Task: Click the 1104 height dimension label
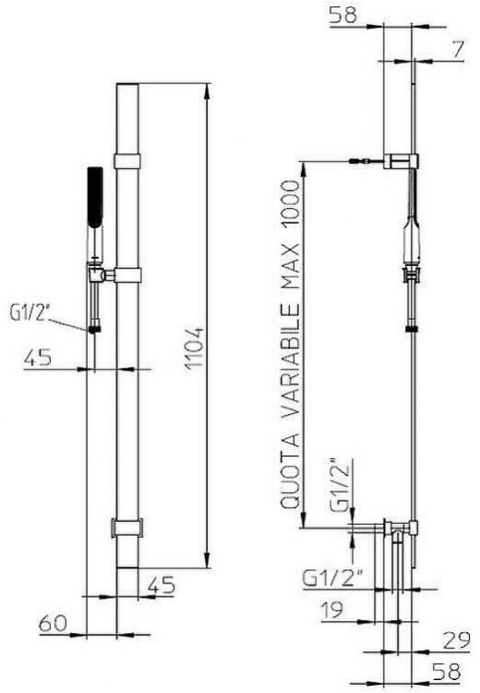click(x=194, y=347)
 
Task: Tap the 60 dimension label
click(x=53, y=624)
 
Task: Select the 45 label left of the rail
click(x=38, y=357)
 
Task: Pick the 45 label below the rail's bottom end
click(x=162, y=585)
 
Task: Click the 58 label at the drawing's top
click(x=343, y=16)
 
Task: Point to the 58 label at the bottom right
click(x=447, y=672)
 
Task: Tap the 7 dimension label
click(x=458, y=49)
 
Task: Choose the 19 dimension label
click(x=331, y=610)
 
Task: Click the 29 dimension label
click(x=456, y=639)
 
